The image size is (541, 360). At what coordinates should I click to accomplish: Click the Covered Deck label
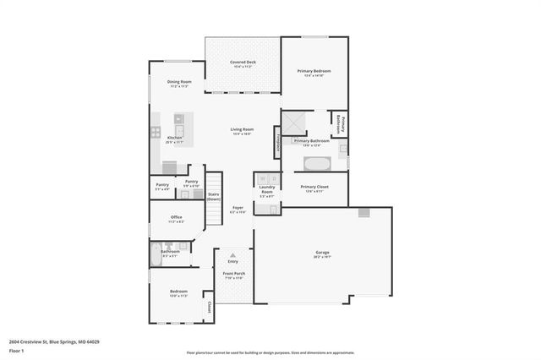(243, 63)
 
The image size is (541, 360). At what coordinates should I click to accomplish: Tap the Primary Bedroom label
(314, 71)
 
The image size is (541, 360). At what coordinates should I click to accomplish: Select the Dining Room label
(179, 82)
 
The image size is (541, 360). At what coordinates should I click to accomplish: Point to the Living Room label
(243, 129)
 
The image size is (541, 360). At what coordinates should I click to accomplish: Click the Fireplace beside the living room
(276, 140)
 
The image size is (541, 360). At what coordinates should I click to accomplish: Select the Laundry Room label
(266, 192)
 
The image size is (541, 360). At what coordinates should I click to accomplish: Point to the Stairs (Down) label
(213, 196)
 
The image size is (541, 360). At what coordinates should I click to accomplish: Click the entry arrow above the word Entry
(233, 254)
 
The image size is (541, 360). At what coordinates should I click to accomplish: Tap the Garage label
(322, 252)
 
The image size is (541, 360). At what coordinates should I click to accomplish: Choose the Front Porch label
(233, 274)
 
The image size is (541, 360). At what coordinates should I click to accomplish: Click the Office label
(177, 217)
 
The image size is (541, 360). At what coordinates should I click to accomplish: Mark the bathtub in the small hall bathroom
(158, 251)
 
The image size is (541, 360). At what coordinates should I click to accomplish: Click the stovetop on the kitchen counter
(156, 131)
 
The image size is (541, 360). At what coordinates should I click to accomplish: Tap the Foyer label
(238, 207)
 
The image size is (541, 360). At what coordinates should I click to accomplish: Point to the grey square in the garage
(363, 213)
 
